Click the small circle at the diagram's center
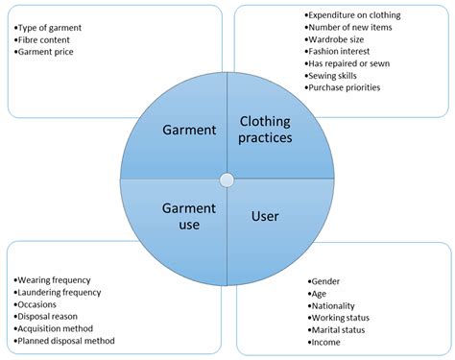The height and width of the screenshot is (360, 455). click(227, 180)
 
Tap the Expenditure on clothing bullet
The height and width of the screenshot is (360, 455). click(352, 15)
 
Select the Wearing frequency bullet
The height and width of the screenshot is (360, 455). click(56, 267)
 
